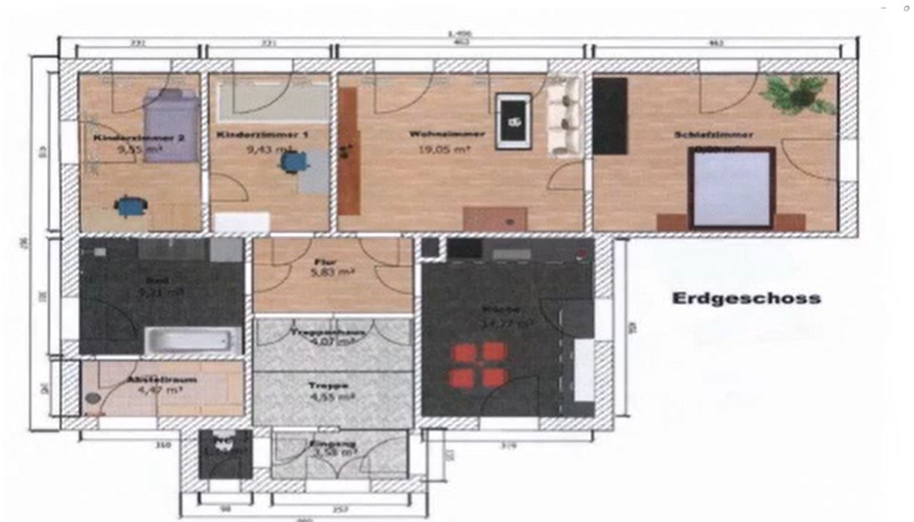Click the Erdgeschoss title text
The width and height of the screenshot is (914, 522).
click(746, 298)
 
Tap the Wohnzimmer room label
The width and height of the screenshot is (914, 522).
click(434, 134)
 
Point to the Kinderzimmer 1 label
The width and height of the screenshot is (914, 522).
click(249, 135)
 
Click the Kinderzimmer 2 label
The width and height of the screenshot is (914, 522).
click(126, 139)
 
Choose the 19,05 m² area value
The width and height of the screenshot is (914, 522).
click(436, 149)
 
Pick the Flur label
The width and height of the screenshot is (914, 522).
click(327, 259)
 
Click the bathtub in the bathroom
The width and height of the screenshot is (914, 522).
click(193, 339)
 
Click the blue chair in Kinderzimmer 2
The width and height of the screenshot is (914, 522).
click(130, 204)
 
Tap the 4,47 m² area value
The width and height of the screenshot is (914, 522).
click(149, 389)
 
